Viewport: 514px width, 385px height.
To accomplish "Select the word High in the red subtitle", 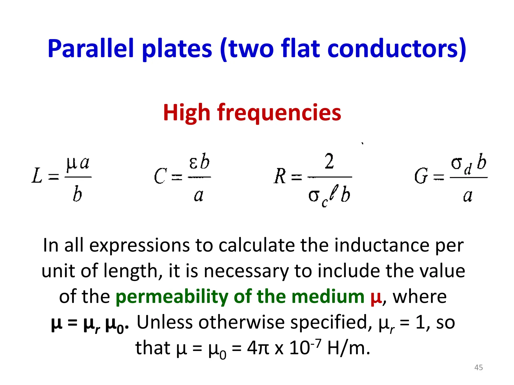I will click(186, 113).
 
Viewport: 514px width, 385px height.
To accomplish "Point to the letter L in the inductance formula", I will click(37, 176).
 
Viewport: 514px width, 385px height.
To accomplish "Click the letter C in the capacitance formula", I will click(160, 176).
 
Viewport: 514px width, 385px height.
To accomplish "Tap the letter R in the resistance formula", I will click(280, 176).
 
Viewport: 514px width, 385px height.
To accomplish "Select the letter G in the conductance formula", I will click(421, 176).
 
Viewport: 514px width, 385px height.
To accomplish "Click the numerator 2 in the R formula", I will click(329, 162).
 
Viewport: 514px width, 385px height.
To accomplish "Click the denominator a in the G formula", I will click(468, 196).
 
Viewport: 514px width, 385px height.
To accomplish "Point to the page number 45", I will click(479, 367).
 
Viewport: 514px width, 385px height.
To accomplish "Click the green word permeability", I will click(172, 297).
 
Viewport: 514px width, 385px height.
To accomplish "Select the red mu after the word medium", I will click(376, 297).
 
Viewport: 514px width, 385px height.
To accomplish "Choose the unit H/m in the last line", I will click(349, 348).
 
